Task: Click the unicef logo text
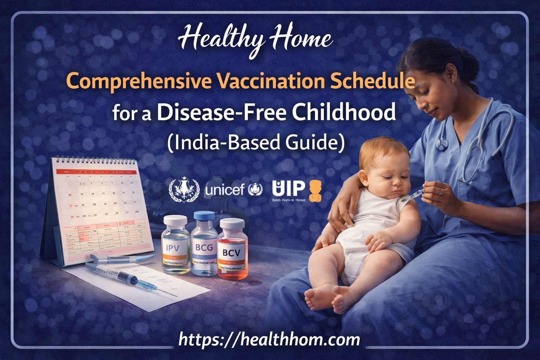225,190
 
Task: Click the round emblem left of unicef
184,190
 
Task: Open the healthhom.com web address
269,340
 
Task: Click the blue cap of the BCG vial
204,216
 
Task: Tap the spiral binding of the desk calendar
94,161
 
